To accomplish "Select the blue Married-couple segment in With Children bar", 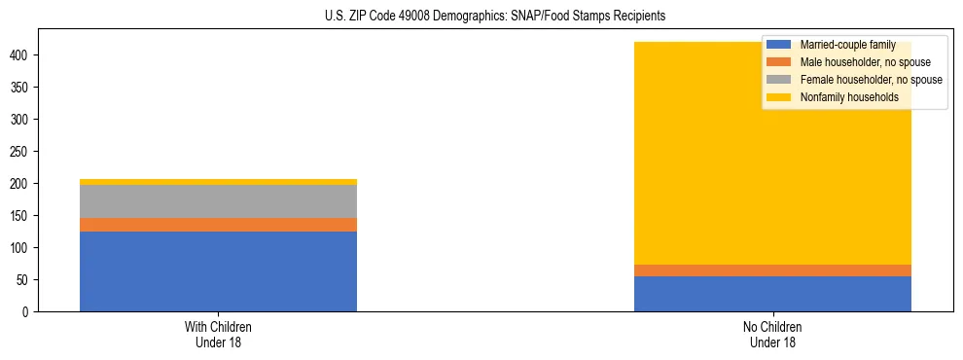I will point(218,271).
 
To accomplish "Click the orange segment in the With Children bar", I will point(218,225).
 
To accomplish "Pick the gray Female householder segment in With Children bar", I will point(218,201).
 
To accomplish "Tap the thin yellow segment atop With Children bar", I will point(218,182).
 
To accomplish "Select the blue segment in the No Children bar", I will point(772,294).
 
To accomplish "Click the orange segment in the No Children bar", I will point(772,270).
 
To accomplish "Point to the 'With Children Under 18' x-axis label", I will point(218,334).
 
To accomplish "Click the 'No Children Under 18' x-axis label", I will point(772,334).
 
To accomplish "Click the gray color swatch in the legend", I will point(779,80).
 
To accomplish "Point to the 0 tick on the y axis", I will point(28,312).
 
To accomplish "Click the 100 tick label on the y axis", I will point(22,248).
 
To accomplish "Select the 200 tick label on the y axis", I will point(22,184).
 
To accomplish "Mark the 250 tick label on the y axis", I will point(22,152).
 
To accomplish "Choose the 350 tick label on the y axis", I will point(22,88).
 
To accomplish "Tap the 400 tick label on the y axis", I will point(22,55).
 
